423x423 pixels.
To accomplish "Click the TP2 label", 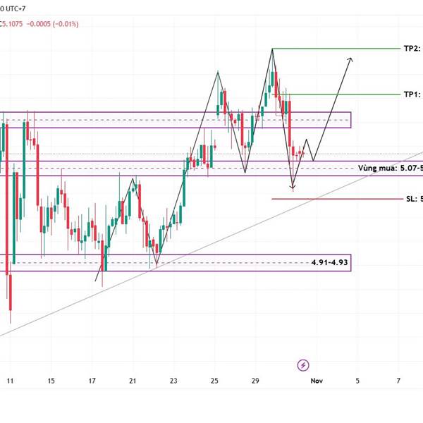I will (412, 48).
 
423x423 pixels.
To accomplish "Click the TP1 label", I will (412, 94).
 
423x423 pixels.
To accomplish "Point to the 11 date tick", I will (10, 381).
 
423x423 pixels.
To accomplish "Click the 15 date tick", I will (51, 381).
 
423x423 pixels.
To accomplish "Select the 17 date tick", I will (92, 381).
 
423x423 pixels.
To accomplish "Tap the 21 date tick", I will (133, 381).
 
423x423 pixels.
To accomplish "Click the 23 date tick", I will (173, 381).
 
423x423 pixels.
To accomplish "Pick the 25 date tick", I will (214, 381).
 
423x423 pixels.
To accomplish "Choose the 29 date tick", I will (255, 381).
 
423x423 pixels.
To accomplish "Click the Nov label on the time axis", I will (317, 381).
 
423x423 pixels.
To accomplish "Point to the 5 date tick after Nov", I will (357, 381).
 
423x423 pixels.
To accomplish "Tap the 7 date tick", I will (398, 381).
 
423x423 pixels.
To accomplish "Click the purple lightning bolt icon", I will (303, 364).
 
